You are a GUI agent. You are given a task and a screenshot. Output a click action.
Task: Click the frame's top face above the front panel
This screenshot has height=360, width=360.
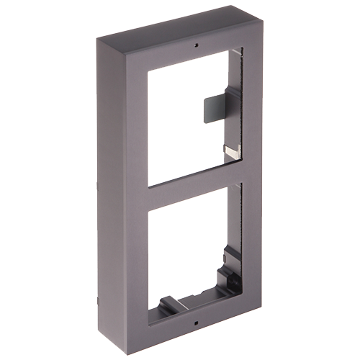[x=180, y=33]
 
